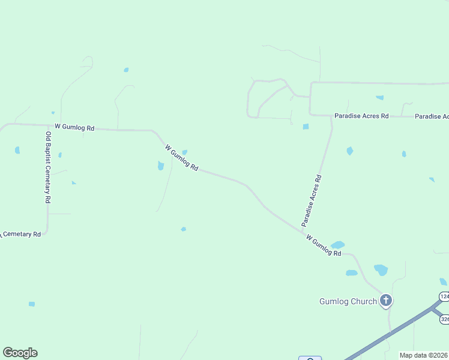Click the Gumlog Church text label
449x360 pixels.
(348, 301)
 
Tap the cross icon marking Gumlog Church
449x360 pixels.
(386, 300)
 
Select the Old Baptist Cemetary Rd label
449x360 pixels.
(47, 167)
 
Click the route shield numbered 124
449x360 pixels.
(444, 296)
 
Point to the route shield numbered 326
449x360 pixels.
(445, 319)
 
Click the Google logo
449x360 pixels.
(20, 353)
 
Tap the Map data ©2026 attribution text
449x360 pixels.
(424, 355)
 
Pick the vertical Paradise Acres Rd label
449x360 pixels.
(312, 200)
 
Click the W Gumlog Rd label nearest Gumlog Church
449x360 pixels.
(324, 246)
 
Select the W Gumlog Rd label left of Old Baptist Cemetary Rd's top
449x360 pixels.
(74, 127)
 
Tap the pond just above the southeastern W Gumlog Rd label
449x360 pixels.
(338, 245)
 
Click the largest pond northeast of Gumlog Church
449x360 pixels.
(381, 270)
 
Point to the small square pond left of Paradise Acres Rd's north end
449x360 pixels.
(306, 127)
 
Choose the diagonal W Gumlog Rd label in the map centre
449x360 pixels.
(182, 158)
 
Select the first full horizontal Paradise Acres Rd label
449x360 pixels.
(361, 116)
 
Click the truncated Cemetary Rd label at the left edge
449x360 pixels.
(20, 234)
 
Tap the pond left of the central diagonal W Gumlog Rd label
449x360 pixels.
(161, 166)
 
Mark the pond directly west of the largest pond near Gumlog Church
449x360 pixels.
(352, 273)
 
